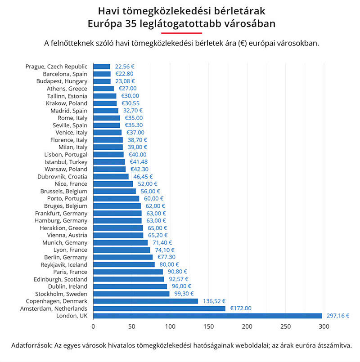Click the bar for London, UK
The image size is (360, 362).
(x=207, y=316)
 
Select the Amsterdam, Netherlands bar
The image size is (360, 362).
(x=159, y=308)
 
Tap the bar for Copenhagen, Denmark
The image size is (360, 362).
(x=145, y=301)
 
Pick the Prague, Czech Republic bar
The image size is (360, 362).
(x=102, y=67)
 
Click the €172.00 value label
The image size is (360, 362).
(x=241, y=308)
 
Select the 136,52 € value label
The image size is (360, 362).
(x=214, y=301)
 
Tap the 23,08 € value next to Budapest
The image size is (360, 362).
(x=125, y=81)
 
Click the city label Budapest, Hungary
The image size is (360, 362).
(x=62, y=81)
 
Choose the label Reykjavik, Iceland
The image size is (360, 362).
(x=64, y=264)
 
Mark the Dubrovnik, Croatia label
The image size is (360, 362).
(x=62, y=177)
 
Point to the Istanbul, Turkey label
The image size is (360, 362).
(x=66, y=162)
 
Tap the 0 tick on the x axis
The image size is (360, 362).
(x=93, y=327)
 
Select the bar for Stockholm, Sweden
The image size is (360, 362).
(x=131, y=294)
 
